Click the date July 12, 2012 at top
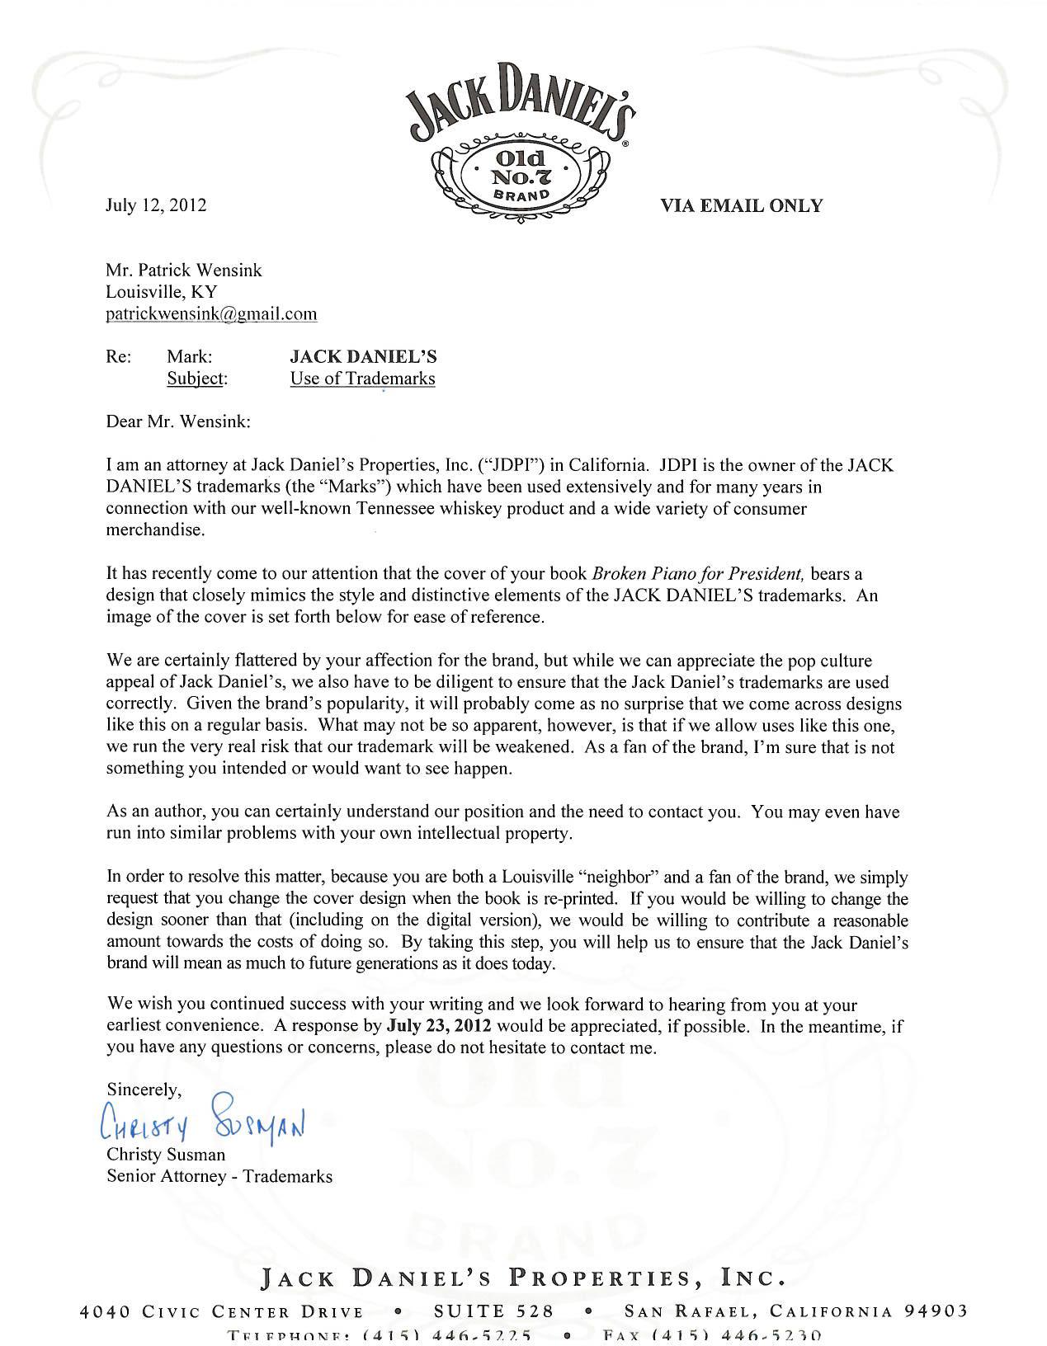(156, 205)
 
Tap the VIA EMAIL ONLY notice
(741, 206)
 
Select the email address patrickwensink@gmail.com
(211, 313)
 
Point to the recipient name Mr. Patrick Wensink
(184, 271)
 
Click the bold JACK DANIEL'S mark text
(363, 357)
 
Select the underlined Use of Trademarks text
(362, 379)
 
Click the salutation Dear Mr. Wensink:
(178, 421)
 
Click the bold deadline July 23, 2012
(439, 1027)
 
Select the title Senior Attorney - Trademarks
(219, 1177)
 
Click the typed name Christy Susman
(166, 1155)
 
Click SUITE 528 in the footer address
(493, 1311)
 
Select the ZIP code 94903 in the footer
(932, 1311)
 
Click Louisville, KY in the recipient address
(162, 292)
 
